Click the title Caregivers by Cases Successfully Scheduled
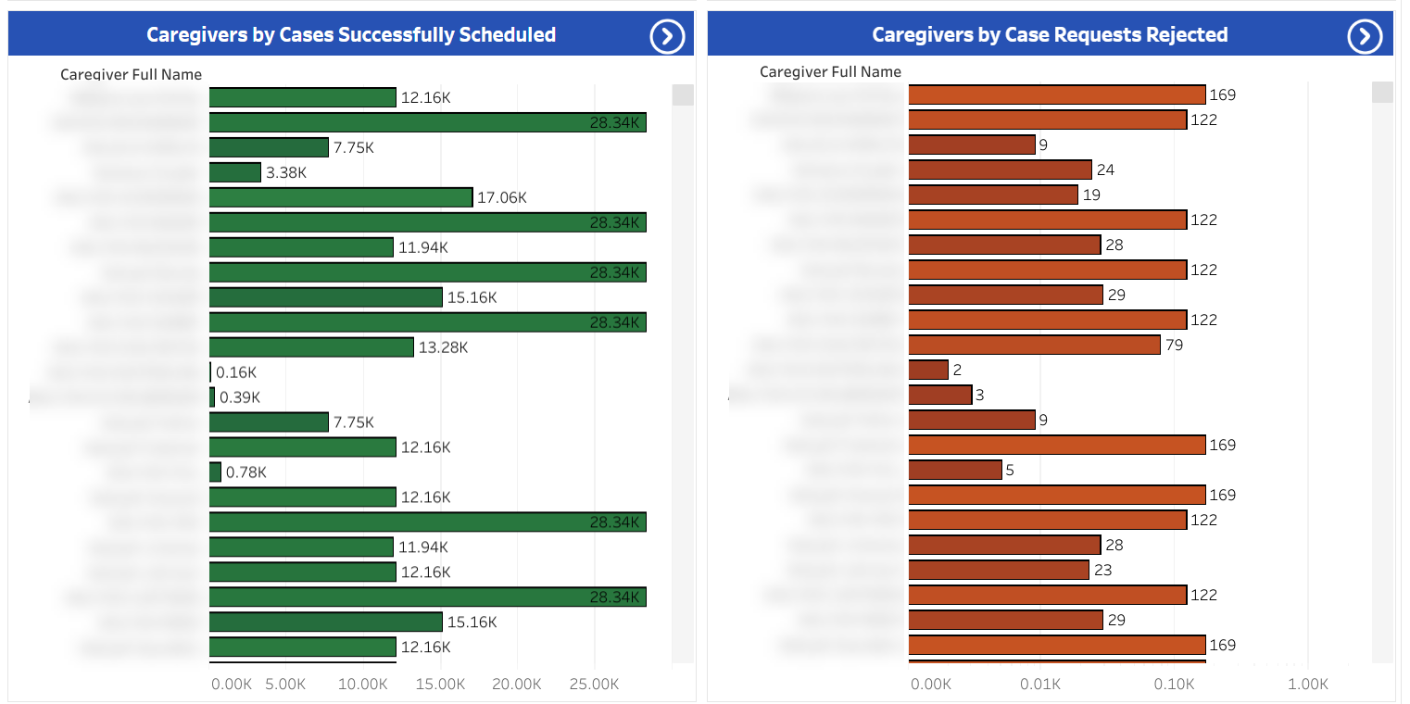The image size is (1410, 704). pyautogui.click(x=351, y=35)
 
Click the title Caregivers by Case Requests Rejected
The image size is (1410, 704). pyautogui.click(x=1050, y=35)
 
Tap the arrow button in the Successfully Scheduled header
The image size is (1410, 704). pyautogui.click(x=667, y=36)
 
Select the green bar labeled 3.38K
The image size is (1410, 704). pyautogui.click(x=235, y=172)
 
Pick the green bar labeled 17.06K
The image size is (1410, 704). pyautogui.click(x=341, y=197)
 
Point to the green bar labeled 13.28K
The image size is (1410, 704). pyautogui.click(x=311, y=347)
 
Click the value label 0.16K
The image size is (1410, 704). pyautogui.click(x=236, y=372)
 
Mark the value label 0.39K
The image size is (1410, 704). pyautogui.click(x=240, y=397)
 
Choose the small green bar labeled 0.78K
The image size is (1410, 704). pyautogui.click(x=216, y=472)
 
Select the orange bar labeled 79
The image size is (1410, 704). pyautogui.click(x=1034, y=345)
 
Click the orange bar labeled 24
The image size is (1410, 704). pyautogui.click(x=1001, y=170)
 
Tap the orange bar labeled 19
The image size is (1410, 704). pyautogui.click(x=993, y=195)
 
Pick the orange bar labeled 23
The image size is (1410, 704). pyautogui.click(x=999, y=570)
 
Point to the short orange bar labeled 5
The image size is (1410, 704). pyautogui.click(x=955, y=470)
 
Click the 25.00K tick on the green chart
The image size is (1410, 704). pyautogui.click(x=594, y=685)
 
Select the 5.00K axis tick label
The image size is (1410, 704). pyautogui.click(x=285, y=685)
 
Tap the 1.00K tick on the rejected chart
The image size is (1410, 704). pyautogui.click(x=1308, y=685)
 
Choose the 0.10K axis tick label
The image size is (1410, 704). pyautogui.click(x=1175, y=685)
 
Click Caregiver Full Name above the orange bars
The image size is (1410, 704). pyautogui.click(x=830, y=71)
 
